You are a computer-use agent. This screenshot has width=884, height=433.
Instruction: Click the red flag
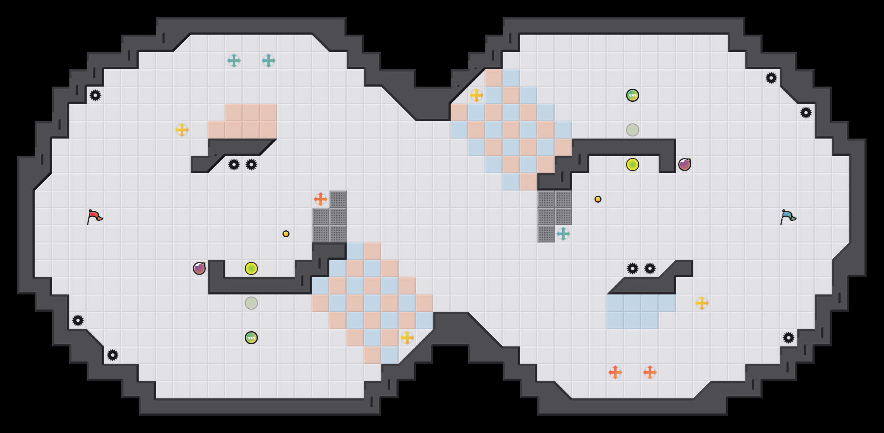[x=94, y=216]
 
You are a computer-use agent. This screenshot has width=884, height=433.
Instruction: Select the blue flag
[x=788, y=216]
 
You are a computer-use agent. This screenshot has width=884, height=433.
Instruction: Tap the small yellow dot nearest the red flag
[x=286, y=234]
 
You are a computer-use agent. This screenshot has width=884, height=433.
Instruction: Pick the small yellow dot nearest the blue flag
[x=598, y=199]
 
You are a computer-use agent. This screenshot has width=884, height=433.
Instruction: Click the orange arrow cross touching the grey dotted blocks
[x=321, y=199]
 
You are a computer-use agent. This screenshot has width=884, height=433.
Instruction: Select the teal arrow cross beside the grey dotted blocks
[x=563, y=234]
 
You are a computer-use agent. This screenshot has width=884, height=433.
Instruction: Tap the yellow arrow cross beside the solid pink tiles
[x=182, y=130]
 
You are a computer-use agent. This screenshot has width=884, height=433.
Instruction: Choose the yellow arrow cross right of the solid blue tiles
[x=702, y=303]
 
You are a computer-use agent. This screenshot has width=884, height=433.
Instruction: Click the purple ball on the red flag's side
[x=199, y=268]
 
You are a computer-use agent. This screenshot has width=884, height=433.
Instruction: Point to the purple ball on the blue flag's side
[x=685, y=165]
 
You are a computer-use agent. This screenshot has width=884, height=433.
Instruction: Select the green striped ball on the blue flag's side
[x=633, y=95]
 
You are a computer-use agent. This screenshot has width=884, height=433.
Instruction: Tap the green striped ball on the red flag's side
[x=251, y=338]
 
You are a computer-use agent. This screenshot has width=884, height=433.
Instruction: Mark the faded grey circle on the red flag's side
[x=251, y=303]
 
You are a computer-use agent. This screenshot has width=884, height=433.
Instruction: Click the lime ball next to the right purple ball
[x=633, y=165]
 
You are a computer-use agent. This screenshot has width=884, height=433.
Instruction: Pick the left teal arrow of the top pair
[x=234, y=61]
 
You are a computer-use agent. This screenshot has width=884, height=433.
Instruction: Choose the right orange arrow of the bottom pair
[x=650, y=372]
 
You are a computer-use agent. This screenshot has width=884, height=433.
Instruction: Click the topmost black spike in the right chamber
[x=771, y=78]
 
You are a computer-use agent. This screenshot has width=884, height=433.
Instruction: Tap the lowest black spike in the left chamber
[x=113, y=355]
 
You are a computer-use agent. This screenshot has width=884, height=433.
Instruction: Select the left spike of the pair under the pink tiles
[x=234, y=165]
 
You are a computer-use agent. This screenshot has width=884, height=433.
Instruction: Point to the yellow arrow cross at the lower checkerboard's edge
[x=407, y=338]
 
